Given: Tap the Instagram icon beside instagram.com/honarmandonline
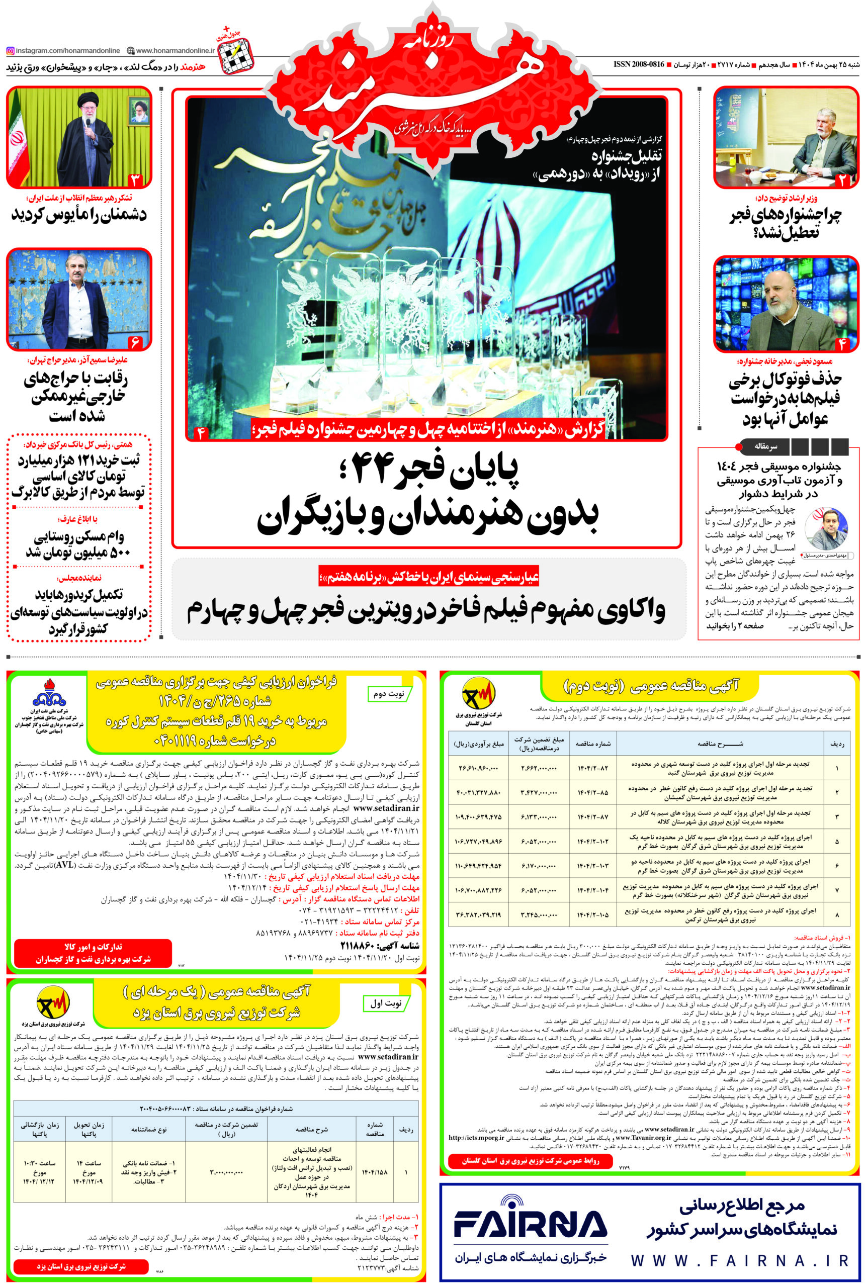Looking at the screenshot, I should (x=11, y=51).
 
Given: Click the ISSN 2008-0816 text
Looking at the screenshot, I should (x=639, y=64).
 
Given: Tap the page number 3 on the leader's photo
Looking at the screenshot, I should (x=135, y=179).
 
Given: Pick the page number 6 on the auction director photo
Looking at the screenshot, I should (x=135, y=342).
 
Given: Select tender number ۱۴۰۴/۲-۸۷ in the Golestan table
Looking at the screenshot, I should (x=592, y=816).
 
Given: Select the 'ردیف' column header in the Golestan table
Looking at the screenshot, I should (x=837, y=744).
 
